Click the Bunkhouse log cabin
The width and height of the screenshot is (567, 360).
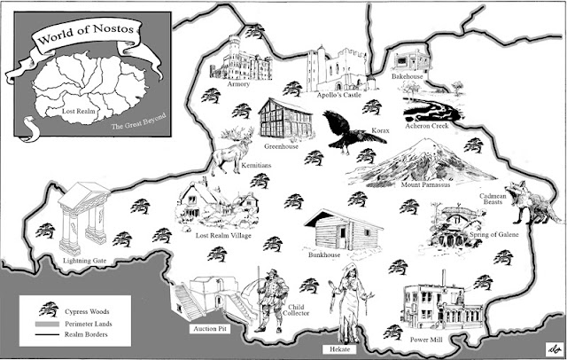pyautogui.click(x=336, y=231)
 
